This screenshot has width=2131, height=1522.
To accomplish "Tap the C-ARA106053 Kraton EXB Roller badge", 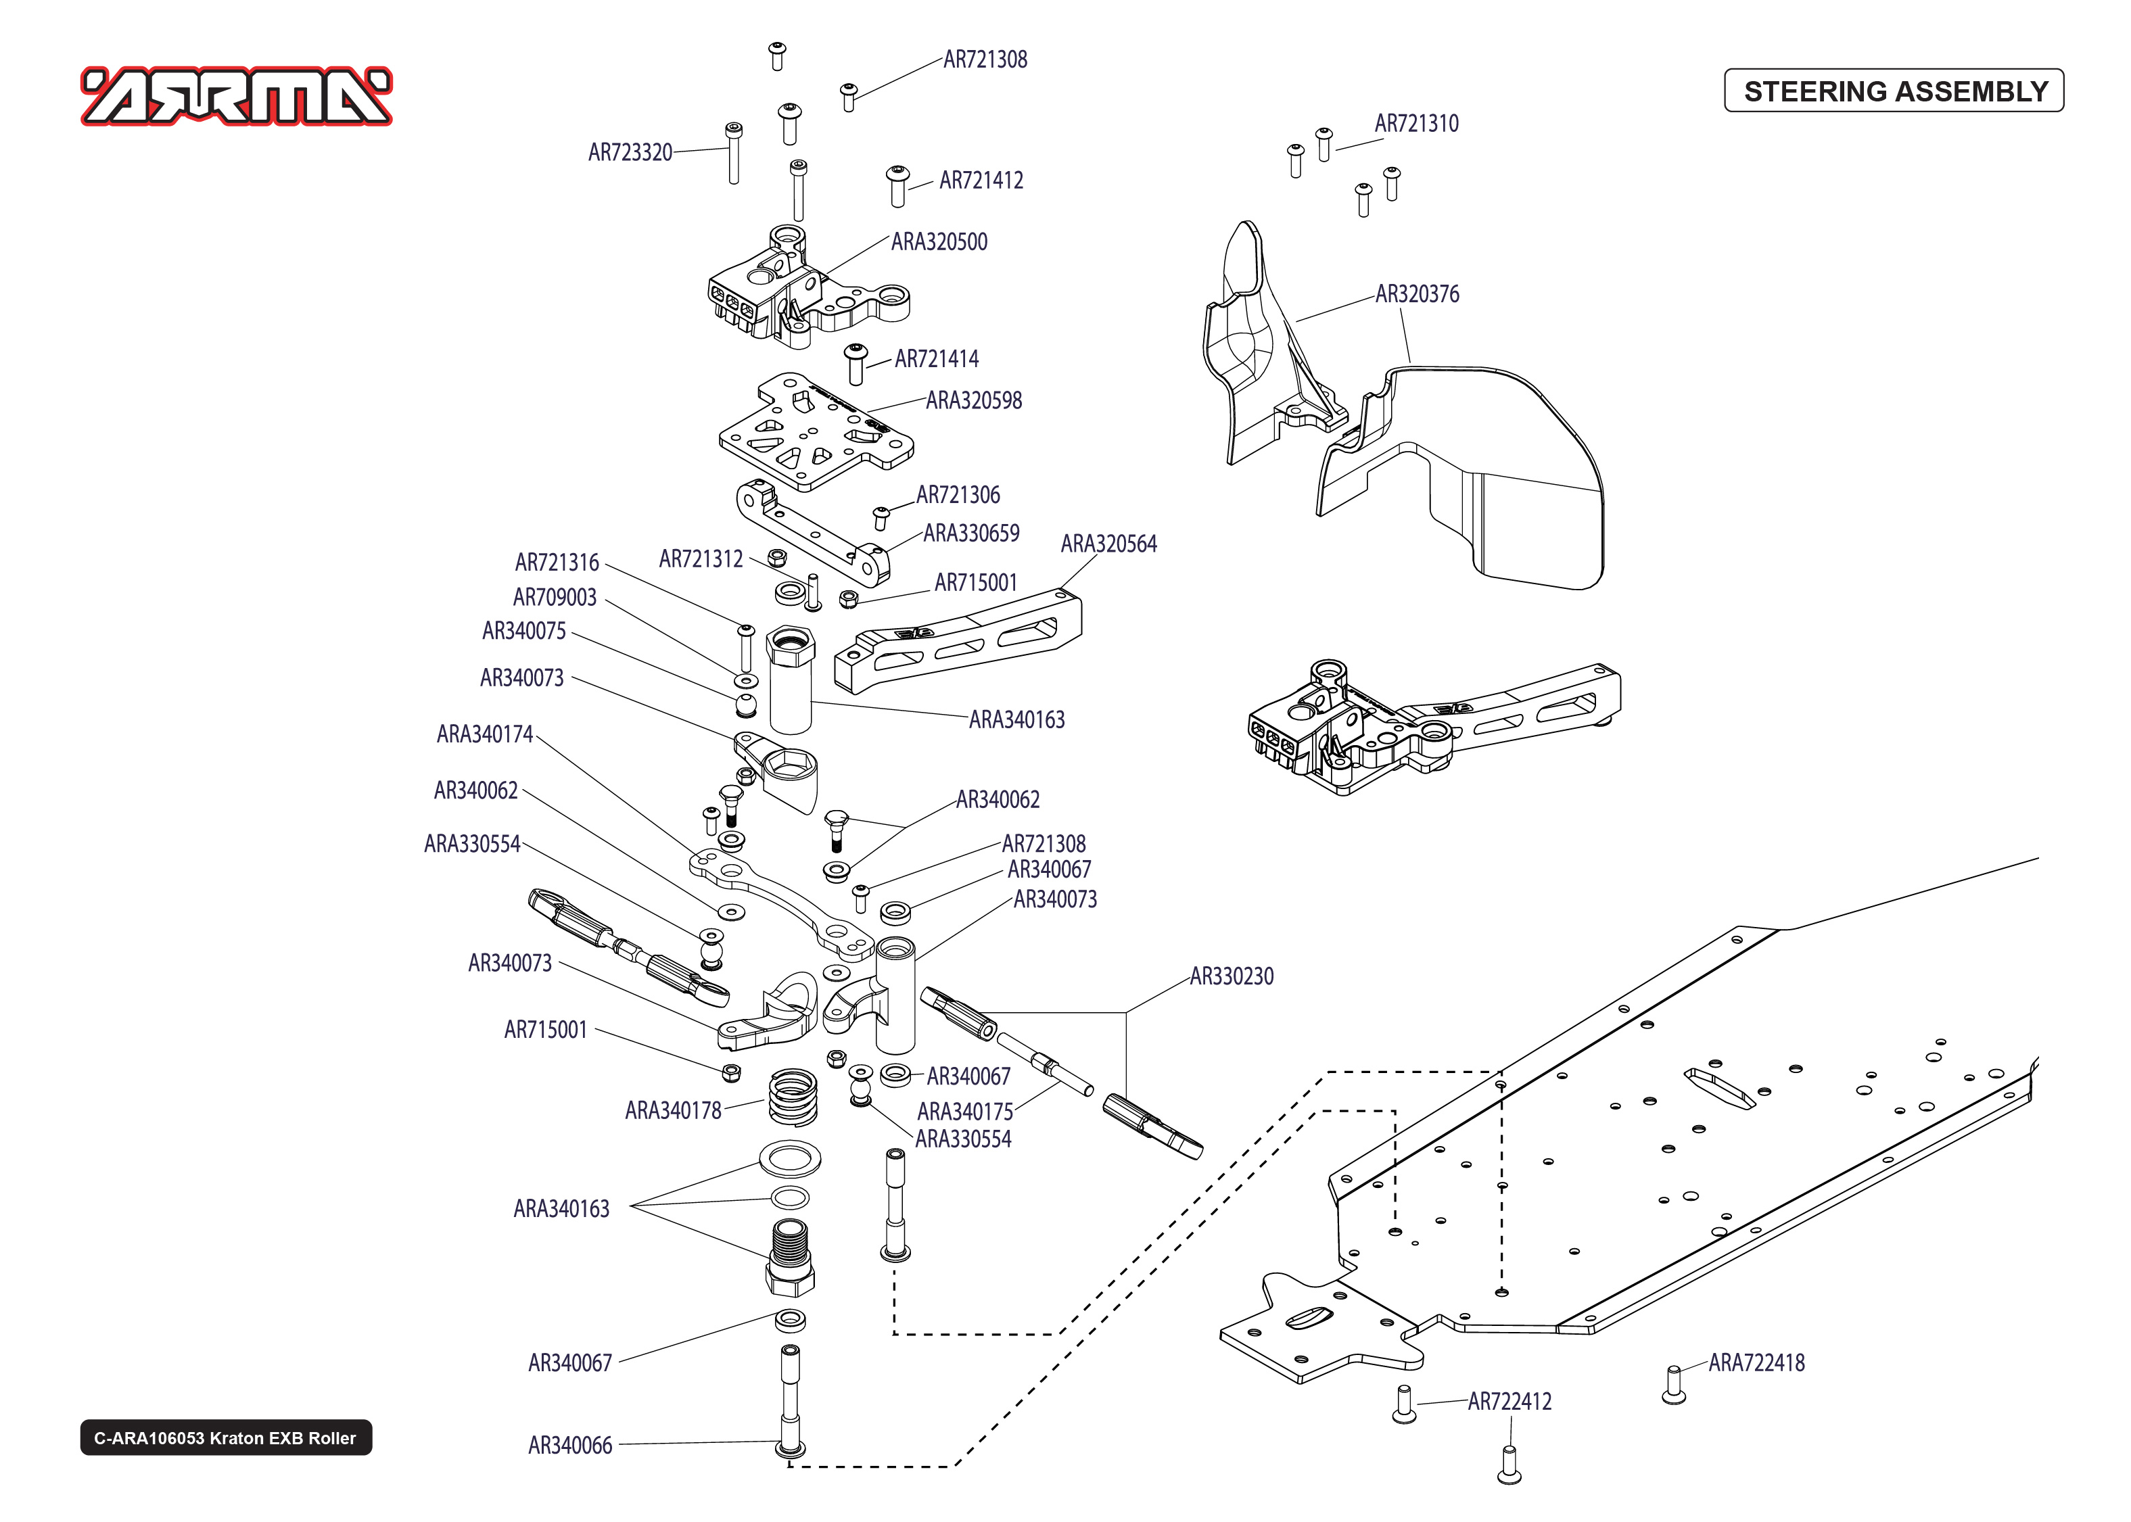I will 225,1437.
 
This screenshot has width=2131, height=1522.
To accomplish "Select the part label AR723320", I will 630,153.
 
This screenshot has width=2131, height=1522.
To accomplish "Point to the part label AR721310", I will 1416,124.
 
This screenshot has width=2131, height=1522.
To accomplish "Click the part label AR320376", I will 1417,294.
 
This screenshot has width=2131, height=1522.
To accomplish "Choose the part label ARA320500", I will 939,242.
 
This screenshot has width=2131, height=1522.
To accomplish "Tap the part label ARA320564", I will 1108,544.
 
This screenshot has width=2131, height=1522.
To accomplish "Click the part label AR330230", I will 1232,976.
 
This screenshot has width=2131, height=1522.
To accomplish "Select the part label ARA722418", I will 1756,1362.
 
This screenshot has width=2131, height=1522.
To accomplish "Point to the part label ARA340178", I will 673,1111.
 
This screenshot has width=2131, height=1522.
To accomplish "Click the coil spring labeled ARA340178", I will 793,1097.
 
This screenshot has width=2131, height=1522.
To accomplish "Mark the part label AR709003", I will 555,598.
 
